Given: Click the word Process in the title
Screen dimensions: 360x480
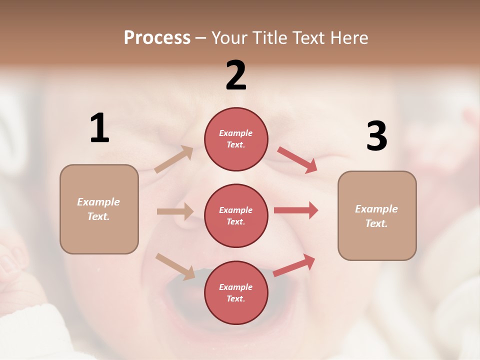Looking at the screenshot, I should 157,38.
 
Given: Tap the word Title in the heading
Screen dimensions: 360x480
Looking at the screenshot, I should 269,38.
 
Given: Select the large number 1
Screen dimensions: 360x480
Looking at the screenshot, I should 99,128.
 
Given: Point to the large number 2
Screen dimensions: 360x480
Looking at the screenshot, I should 236,76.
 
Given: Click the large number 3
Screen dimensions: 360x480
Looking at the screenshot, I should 376,136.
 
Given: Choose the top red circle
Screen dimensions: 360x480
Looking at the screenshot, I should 236,139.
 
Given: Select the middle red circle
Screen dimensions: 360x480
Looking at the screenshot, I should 236,215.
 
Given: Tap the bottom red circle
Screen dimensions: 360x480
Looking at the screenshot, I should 236,292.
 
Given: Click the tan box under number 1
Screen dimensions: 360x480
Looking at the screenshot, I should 99,209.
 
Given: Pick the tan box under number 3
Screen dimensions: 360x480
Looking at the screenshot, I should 377,215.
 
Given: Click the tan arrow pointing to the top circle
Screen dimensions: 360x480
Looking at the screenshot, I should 174,159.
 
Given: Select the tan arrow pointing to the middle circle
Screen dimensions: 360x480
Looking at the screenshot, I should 175,211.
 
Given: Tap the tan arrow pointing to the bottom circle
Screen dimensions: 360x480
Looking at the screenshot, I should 175,266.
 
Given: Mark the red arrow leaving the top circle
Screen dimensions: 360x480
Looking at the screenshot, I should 297,160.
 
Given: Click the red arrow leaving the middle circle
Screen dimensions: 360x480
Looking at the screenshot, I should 296,210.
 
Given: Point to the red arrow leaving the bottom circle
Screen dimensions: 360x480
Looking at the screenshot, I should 294,265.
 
